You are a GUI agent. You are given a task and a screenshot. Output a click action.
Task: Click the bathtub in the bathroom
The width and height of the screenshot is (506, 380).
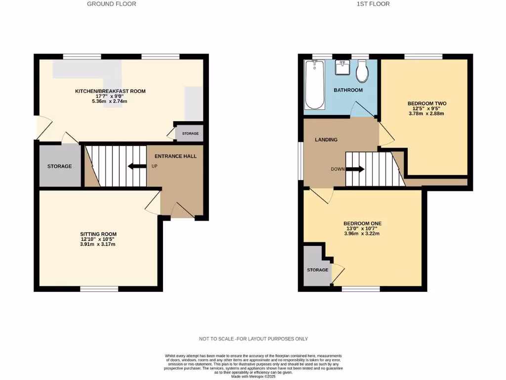point(314,85)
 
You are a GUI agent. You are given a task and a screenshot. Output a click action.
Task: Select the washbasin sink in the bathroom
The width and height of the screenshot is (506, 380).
point(342,67)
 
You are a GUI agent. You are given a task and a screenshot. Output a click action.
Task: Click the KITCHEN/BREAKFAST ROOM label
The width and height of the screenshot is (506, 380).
point(110,91)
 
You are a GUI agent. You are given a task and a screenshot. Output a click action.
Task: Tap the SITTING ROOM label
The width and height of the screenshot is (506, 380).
point(98,234)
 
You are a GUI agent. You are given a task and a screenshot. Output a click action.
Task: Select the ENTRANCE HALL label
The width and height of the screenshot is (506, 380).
point(175,156)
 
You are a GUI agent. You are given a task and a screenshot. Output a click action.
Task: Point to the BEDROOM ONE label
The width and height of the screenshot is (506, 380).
point(362,224)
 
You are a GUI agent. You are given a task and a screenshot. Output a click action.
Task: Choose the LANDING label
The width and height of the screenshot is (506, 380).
point(326,140)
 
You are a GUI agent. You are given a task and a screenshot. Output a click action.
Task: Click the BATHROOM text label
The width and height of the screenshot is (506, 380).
point(348,90)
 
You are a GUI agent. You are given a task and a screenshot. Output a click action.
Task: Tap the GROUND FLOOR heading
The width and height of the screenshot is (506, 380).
point(111,4)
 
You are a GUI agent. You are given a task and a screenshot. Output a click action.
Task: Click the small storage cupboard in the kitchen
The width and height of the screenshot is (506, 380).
point(190,134)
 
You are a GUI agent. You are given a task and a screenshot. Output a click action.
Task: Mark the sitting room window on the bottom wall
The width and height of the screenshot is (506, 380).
point(99,288)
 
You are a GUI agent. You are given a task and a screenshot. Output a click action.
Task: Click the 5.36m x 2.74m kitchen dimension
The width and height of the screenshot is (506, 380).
point(110,101)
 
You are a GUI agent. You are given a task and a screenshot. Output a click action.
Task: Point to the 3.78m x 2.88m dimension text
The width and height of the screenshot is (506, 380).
point(426,113)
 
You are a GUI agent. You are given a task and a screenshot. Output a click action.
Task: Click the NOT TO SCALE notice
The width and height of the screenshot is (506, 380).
point(253,339)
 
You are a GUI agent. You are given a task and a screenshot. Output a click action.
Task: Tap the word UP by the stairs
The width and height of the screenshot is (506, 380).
point(154,166)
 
